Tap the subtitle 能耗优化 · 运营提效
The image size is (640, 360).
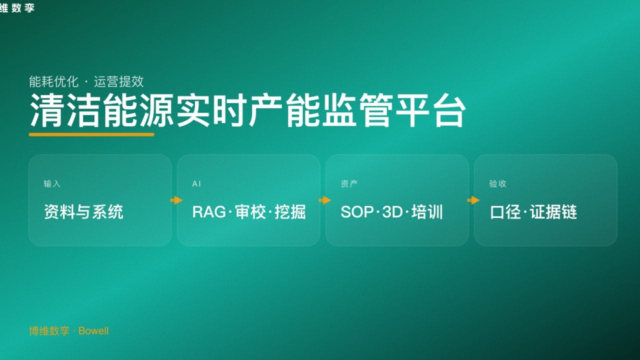[86, 81]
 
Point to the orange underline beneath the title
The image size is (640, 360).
[91, 134]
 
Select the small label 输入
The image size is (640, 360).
[52, 183]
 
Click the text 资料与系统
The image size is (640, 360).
[83, 212]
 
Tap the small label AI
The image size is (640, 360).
[196, 183]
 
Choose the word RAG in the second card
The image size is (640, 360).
[209, 212]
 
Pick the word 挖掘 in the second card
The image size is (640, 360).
[290, 212]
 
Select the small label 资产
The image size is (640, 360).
[349, 183]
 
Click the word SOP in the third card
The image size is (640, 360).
[357, 212]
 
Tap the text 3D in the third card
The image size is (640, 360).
[392, 212]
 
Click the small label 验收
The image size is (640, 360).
[497, 183]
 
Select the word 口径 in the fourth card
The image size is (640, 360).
[506, 212]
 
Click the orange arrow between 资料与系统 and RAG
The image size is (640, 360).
[176, 200]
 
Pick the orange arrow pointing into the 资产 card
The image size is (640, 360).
[324, 200]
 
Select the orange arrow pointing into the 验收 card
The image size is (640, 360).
[473, 200]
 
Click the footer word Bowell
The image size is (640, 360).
[93, 331]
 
